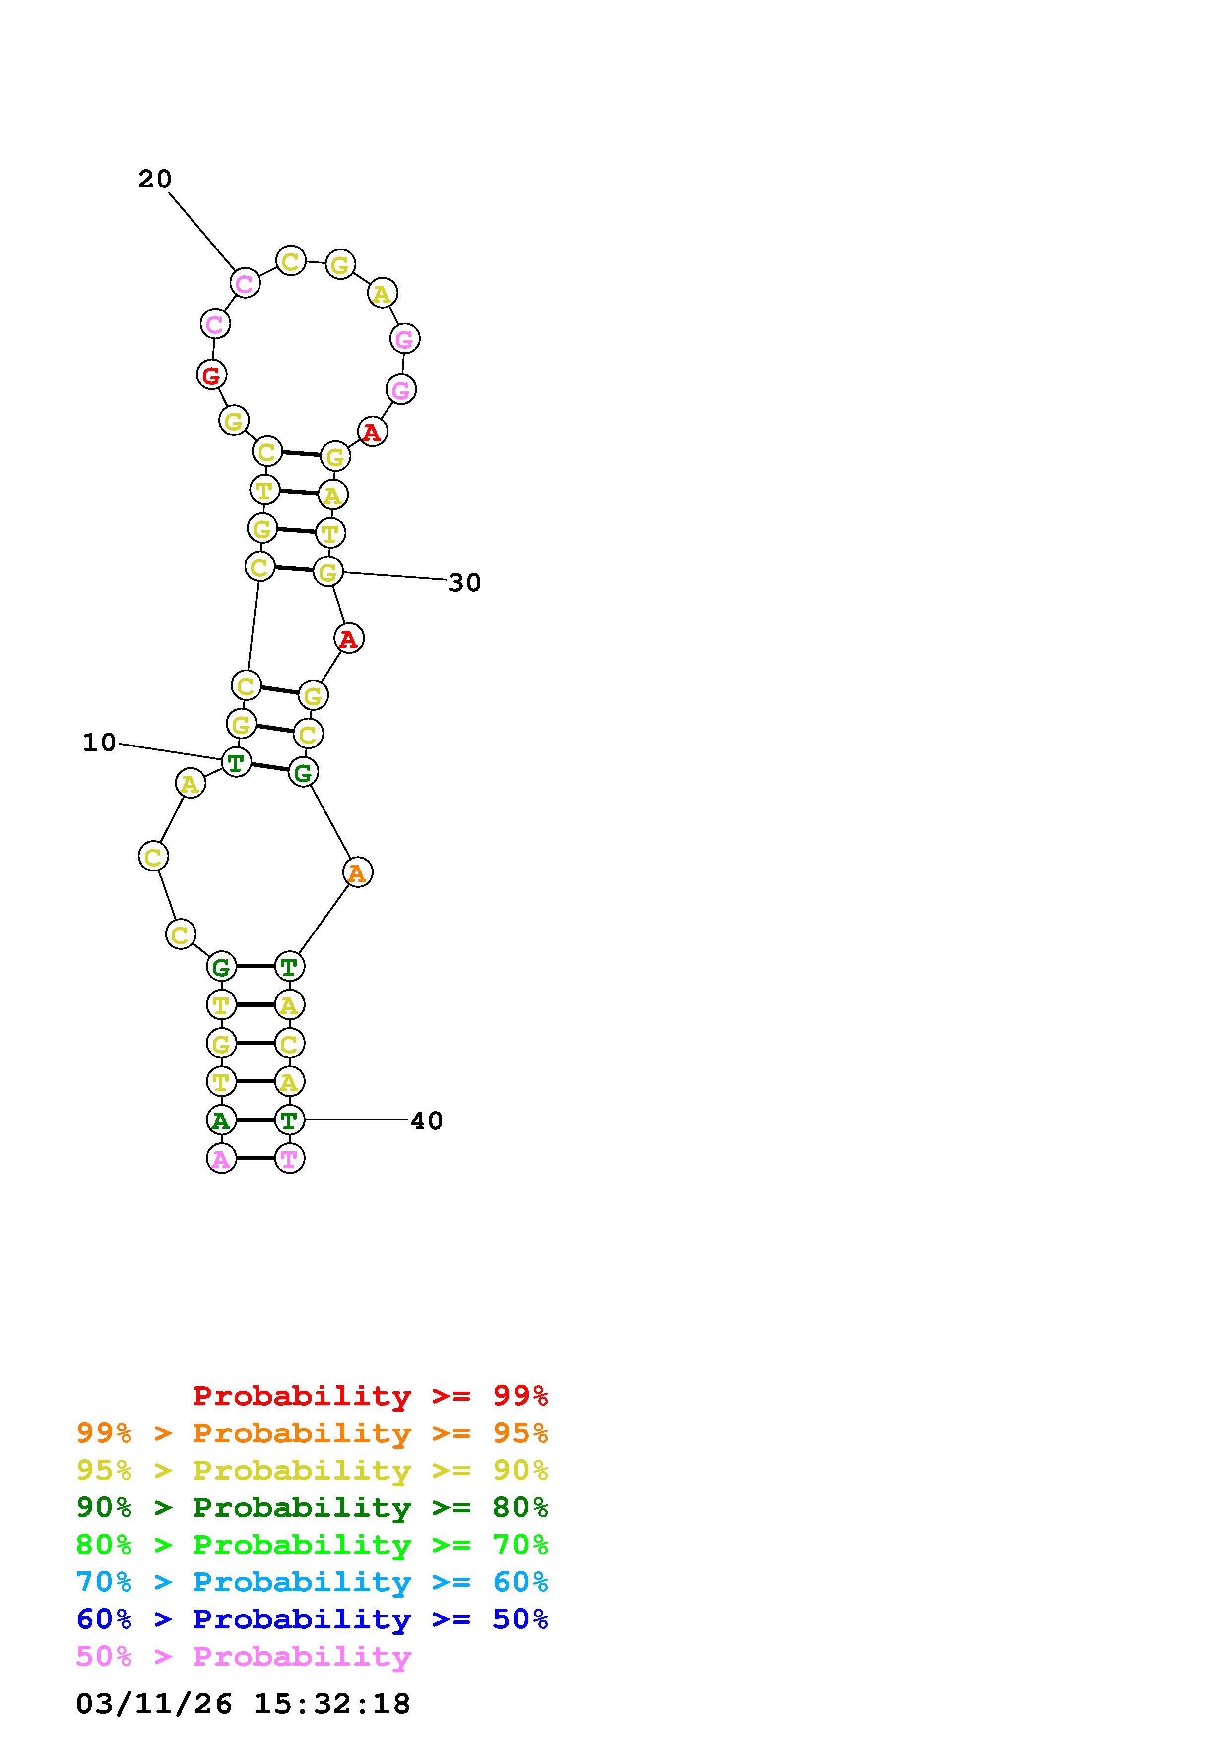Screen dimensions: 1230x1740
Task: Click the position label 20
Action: [155, 180]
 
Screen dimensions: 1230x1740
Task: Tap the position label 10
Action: [99, 743]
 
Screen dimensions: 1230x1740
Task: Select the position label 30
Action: [464, 583]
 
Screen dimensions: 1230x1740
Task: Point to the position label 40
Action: [427, 1121]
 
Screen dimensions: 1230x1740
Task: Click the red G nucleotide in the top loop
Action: [211, 374]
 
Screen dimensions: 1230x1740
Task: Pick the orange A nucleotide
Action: [357, 873]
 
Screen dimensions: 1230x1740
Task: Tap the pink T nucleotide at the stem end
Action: [289, 1159]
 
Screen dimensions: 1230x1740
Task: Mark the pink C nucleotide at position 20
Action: [244, 283]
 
